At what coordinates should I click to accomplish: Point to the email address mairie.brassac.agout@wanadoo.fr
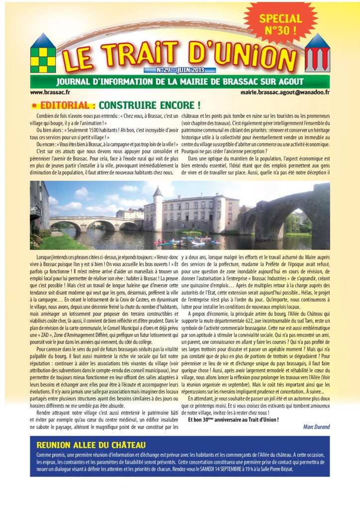289,92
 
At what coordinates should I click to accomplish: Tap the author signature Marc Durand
316,426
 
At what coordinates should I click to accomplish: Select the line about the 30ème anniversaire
233,419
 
